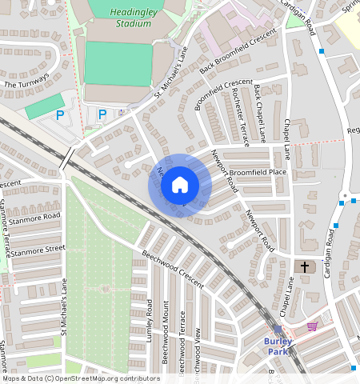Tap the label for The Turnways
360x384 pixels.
26,81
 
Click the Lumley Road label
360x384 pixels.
150,320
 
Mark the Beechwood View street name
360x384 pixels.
198,343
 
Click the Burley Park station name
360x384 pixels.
278,346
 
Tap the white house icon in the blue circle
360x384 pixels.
180,186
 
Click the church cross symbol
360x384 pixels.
304,266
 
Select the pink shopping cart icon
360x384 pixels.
312,326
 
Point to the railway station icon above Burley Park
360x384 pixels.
278,330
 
